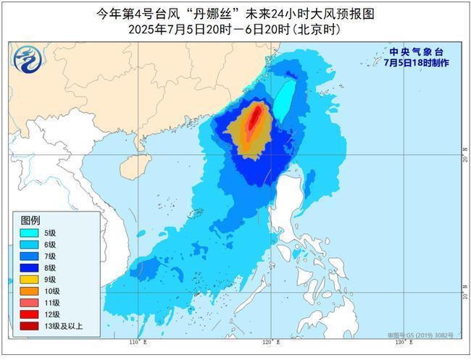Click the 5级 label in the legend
[50, 233]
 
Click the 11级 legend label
[51, 303]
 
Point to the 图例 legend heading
[30, 219]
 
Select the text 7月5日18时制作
[416, 63]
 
